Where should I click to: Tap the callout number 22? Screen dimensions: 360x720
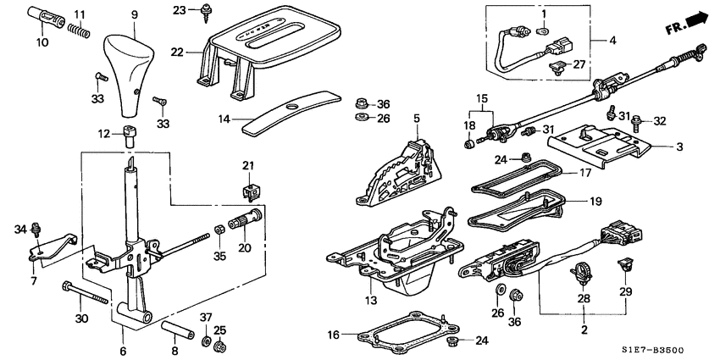tap(177, 52)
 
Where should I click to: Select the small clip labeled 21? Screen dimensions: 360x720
tap(249, 186)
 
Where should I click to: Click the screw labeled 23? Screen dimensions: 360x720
tap(205, 13)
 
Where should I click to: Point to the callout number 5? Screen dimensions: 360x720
tap(417, 117)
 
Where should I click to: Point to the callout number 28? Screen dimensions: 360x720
tap(582, 298)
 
